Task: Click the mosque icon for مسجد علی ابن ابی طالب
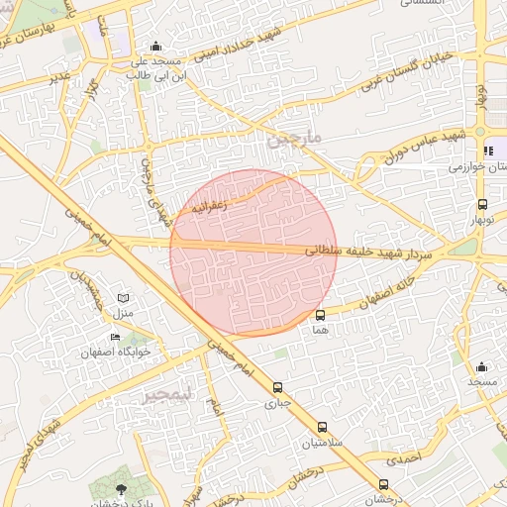(155, 47)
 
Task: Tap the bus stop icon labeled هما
(319, 315)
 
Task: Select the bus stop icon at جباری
(277, 387)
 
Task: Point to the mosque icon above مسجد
(481, 367)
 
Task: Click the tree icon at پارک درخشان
(121, 489)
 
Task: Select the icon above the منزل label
(123, 298)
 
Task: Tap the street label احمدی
(405, 459)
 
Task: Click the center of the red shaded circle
(253, 253)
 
